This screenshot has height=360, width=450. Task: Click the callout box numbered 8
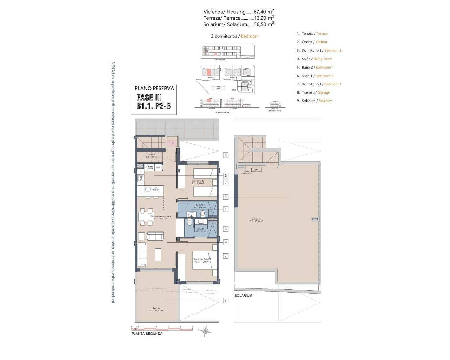tap(225, 155)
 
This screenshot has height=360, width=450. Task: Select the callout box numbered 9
tap(225, 197)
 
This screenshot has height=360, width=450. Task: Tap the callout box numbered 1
tap(225, 301)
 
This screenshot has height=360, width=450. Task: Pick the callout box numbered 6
tap(225, 229)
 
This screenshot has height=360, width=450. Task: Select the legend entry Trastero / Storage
tap(313, 92)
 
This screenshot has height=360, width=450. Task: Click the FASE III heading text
tap(149, 97)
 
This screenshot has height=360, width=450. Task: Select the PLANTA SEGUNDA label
tap(147, 334)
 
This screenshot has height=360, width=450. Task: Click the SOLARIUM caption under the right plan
tap(243, 296)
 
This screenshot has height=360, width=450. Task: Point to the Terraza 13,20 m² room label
tap(156, 309)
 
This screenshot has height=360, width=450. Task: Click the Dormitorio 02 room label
tap(198, 182)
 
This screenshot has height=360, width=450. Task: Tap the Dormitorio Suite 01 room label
tap(202, 261)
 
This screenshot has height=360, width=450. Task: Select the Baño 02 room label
tap(199, 206)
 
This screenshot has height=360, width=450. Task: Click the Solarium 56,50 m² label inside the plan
tap(256, 220)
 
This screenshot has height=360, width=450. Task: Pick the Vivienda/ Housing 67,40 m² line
tap(238, 12)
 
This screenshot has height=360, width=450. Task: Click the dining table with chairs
tap(147, 217)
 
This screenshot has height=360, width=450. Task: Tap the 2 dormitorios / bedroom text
tap(234, 36)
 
